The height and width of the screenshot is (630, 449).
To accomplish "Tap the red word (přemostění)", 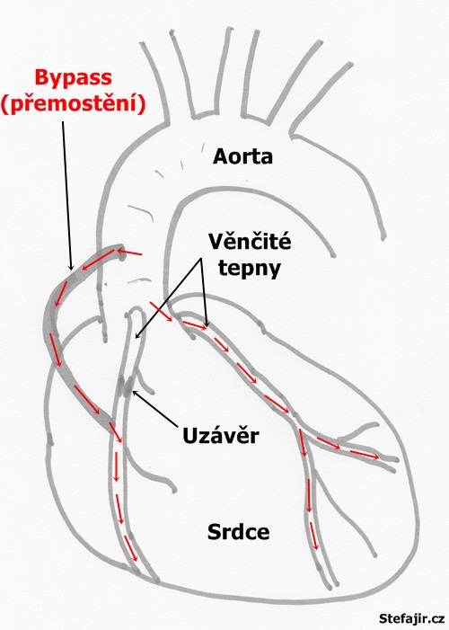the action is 73,104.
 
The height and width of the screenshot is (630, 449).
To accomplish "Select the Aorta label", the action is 242,156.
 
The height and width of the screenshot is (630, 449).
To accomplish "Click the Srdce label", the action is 239,531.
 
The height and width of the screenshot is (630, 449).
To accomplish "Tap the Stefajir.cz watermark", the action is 411,618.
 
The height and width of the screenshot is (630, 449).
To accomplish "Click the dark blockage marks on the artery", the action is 125,386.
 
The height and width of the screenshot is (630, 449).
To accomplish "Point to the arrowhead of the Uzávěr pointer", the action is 134,392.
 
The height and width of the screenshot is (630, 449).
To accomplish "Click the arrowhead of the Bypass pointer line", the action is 72,268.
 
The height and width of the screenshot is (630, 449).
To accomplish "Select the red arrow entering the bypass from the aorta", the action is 129,253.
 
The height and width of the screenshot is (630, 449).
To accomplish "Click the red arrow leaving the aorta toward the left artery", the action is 161,311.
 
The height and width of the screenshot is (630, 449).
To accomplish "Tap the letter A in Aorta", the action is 221,156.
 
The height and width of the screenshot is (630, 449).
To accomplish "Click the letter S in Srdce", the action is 214,531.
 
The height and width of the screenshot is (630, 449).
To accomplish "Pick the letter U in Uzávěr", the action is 190,436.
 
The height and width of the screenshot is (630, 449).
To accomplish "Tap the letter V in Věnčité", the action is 216,243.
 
